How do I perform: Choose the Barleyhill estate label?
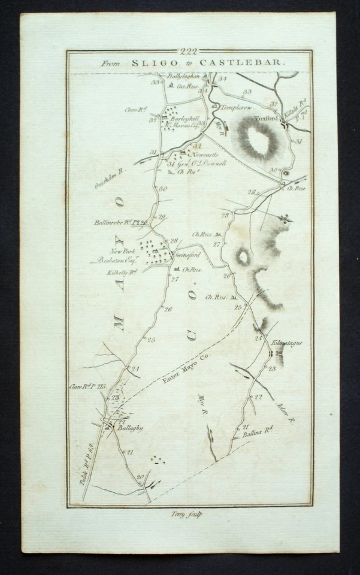point(185,119)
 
